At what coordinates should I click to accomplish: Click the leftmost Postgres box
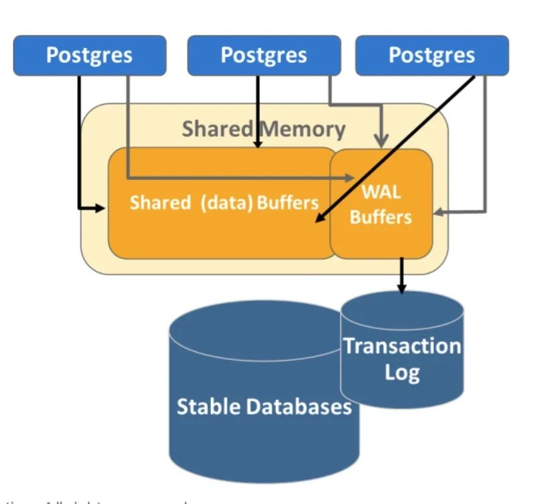point(90,56)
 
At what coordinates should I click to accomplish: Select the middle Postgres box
point(264,56)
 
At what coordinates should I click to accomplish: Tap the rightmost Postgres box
point(432,56)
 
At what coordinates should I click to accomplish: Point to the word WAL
point(381,191)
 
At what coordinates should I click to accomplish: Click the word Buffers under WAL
point(381,217)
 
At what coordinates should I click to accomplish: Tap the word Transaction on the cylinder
point(402,346)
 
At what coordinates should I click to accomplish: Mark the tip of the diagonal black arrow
point(316,222)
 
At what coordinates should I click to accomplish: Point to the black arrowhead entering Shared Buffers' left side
point(102,207)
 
